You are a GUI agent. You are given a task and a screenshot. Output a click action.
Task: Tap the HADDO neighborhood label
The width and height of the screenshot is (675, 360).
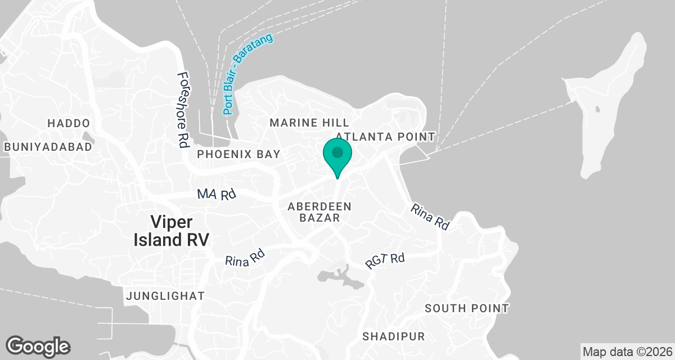tap(69, 123)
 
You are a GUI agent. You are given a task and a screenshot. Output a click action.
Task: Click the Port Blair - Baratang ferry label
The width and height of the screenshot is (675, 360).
tap(247, 74)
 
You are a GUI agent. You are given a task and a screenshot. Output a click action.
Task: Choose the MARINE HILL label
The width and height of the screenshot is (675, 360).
tap(309, 123)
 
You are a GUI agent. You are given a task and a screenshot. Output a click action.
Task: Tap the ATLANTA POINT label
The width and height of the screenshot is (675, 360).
tap(385, 137)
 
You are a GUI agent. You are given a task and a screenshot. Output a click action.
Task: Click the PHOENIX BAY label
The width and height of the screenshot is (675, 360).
tap(235, 154)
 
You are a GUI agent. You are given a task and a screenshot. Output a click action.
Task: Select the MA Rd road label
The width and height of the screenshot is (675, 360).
tap(216, 195)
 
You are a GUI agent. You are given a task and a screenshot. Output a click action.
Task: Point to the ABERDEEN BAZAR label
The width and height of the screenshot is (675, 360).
tap(319, 212)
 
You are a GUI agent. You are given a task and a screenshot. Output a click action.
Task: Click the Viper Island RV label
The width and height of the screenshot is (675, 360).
tap(171, 230)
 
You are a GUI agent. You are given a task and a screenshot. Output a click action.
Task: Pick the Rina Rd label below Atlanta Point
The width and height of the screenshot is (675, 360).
tap(430, 217)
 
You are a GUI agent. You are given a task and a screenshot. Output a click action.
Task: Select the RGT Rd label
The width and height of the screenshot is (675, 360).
tap(385, 260)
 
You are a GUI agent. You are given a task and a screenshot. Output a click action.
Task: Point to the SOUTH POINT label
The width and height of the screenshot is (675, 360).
tap(466, 308)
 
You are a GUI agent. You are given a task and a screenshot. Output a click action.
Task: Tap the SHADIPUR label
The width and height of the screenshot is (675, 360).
tap(393, 336)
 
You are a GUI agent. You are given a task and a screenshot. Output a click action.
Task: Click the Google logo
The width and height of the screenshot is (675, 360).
tap(38, 345)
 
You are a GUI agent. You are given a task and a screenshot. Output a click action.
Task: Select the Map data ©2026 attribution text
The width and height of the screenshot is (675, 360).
tap(627, 352)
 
